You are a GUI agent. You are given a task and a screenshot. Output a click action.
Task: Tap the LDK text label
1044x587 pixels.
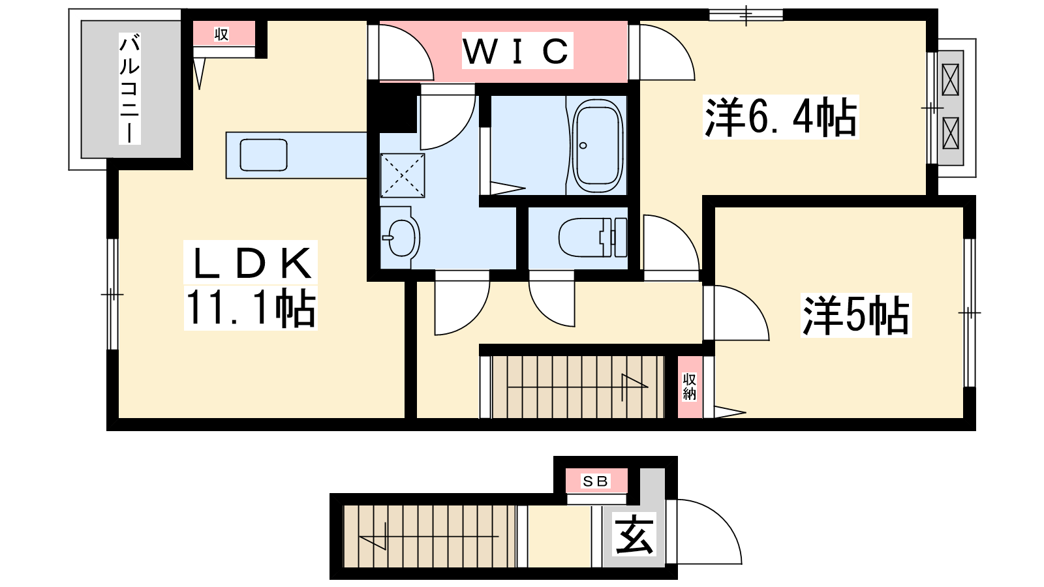point(251,263)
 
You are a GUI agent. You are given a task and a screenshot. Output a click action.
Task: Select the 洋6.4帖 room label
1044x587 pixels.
point(780,117)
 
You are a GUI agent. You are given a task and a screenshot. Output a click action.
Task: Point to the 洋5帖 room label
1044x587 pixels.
point(855,316)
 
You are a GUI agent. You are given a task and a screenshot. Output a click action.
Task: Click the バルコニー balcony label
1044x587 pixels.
point(130,88)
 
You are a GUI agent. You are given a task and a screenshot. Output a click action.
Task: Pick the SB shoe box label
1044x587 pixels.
point(596,481)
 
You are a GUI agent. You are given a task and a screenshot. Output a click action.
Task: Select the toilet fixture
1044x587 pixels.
point(592,237)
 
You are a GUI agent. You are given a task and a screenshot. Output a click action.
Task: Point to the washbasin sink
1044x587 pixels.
point(400,237)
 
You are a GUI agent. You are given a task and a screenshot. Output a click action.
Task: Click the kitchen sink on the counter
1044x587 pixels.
point(264,155)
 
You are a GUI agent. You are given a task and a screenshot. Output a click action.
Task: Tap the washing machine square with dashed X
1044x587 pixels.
point(403,175)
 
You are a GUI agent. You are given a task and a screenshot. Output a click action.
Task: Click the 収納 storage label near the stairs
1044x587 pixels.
point(689,386)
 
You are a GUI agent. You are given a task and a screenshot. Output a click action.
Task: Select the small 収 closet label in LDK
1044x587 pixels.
point(221,34)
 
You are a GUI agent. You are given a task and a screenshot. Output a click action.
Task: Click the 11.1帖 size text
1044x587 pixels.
point(251,308)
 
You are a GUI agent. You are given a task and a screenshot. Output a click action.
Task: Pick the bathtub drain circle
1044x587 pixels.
point(583,145)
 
